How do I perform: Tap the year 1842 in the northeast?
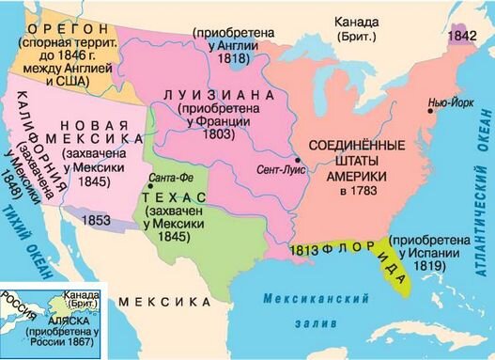[461, 34]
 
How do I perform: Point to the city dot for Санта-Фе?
[149, 188]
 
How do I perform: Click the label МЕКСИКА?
[164, 303]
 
